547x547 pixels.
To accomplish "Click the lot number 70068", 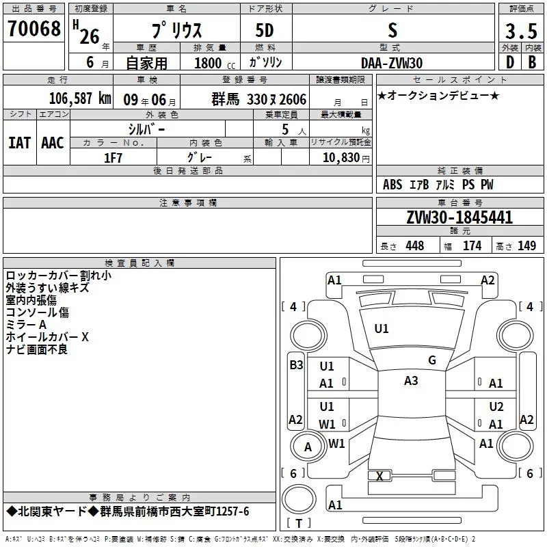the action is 34,29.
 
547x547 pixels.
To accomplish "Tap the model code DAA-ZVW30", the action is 392,62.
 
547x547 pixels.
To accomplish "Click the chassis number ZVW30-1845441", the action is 459,218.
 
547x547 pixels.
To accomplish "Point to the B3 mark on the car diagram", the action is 295,365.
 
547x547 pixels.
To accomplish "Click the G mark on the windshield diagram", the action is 432,360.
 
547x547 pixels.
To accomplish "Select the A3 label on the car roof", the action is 411,381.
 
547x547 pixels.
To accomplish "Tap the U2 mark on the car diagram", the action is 496,406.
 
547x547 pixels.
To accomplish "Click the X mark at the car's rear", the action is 379,476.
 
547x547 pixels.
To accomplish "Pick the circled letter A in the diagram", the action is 308,447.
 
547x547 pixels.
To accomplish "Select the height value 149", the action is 526,246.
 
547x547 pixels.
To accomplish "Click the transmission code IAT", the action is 19,143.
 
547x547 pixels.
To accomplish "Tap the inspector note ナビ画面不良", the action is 36,349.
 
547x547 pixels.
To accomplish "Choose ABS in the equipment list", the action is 392,185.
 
